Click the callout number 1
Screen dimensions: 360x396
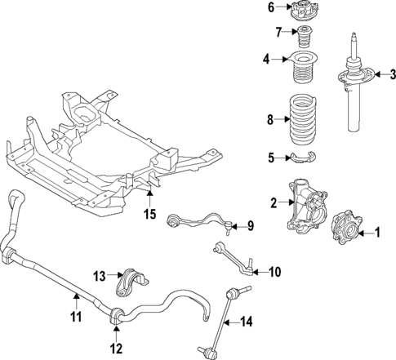pos(377,233)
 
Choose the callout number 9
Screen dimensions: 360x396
pos(251,225)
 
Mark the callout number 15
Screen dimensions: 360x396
pos(149,215)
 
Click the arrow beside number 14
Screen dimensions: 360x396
pos(234,322)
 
